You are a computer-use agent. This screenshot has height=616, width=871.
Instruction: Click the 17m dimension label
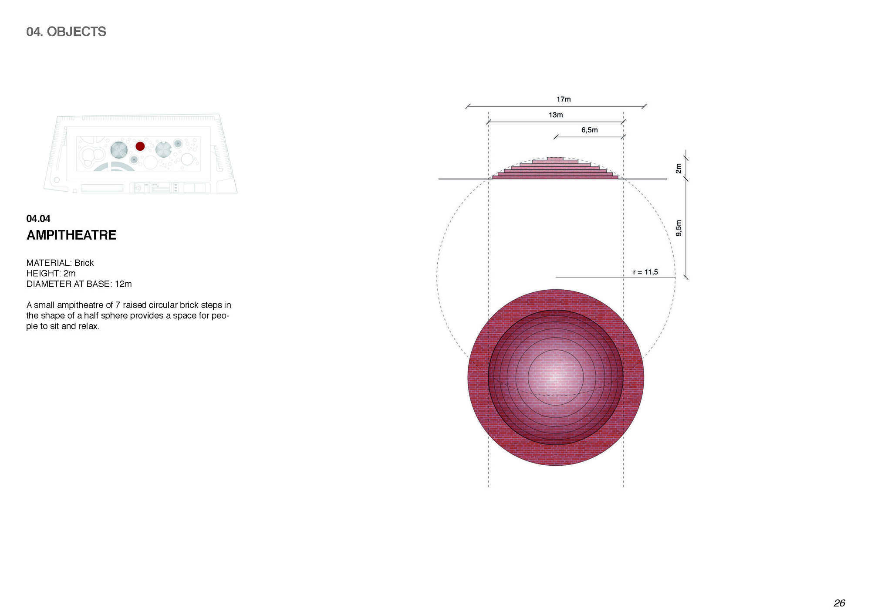[564, 99]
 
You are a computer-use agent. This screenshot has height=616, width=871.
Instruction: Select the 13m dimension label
[556, 115]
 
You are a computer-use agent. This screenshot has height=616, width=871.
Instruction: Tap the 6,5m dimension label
[590, 130]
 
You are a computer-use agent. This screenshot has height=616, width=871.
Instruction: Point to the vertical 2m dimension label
[679, 168]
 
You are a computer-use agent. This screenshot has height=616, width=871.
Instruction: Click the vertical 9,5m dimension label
[679, 228]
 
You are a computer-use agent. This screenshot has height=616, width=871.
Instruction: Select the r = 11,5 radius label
[645, 272]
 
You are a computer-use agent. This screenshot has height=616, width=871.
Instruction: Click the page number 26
[839, 603]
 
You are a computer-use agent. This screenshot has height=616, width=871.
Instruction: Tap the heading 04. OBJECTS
[66, 32]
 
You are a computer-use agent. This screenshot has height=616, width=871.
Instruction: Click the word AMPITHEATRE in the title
[71, 235]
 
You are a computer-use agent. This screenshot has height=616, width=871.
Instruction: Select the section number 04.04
[38, 219]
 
